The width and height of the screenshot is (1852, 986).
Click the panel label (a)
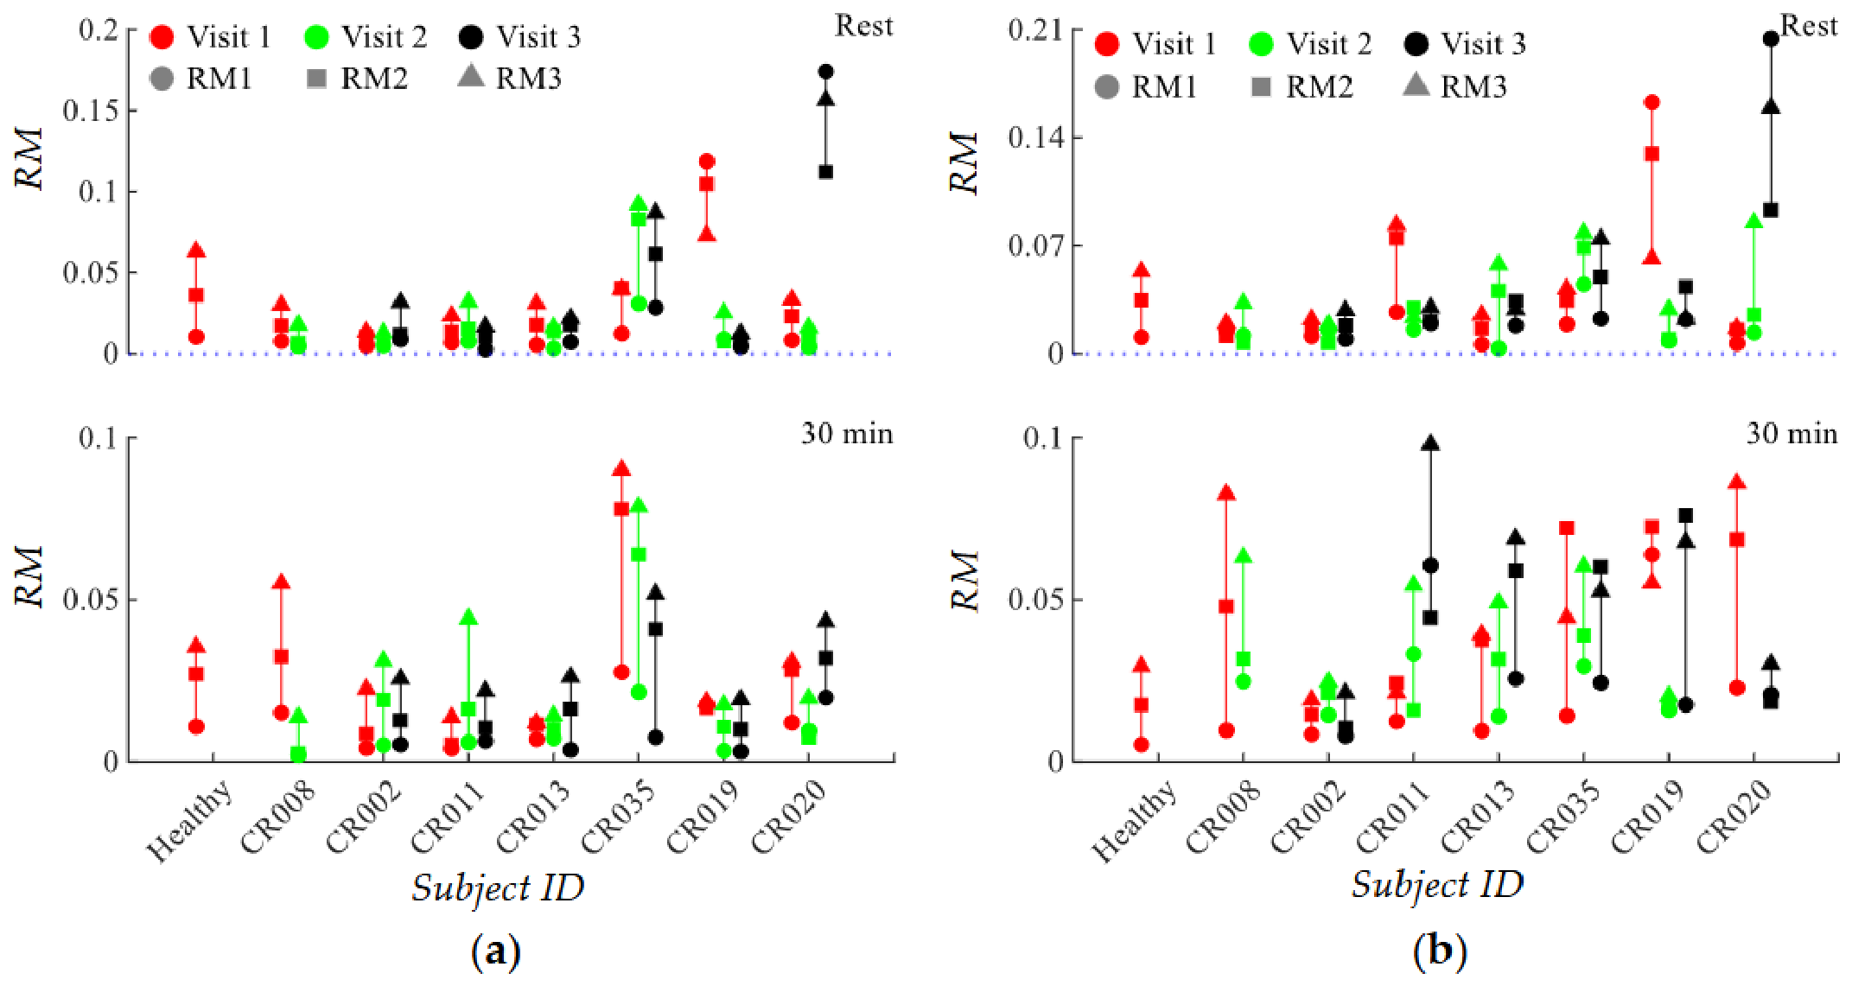(x=496, y=951)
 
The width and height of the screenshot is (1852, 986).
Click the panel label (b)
(x=1440, y=951)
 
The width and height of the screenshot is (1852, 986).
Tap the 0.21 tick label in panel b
(x=1034, y=29)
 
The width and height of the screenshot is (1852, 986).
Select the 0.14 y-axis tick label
(x=1034, y=137)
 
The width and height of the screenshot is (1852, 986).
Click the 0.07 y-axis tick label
(x=1034, y=245)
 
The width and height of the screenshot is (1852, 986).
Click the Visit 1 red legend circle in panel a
(x=162, y=37)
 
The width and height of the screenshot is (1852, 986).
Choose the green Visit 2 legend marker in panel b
(x=1262, y=44)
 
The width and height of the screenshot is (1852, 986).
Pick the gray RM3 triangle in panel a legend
(x=471, y=76)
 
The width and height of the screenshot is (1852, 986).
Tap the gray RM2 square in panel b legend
(x=1262, y=86)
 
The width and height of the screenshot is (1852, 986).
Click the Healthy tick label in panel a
(x=188, y=821)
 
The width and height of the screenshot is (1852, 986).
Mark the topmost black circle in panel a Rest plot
(x=825, y=72)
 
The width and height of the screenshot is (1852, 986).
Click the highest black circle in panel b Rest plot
(x=1771, y=39)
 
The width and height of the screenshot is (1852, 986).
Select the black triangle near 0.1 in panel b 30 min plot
(x=1430, y=443)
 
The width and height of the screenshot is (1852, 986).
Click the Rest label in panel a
(x=863, y=26)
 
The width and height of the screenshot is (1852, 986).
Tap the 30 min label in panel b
(x=1792, y=433)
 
